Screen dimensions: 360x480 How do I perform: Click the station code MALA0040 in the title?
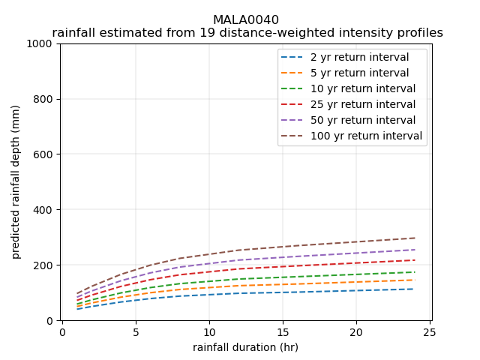tap(246, 20)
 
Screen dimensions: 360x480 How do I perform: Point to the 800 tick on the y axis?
tap(46, 99)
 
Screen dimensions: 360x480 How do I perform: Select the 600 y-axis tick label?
tap(46, 154)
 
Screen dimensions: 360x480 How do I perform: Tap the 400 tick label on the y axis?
tap(46, 210)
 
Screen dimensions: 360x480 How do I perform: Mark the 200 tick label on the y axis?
tap(46, 265)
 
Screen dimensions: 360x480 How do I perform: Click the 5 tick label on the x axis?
tap(136, 332)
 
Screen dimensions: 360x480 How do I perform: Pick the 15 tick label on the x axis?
tap(283, 332)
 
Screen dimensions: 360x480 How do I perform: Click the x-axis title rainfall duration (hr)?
tap(245, 347)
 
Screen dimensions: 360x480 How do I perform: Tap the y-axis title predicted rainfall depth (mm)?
tap(16, 182)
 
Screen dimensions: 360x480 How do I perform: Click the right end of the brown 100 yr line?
tap(415, 238)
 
